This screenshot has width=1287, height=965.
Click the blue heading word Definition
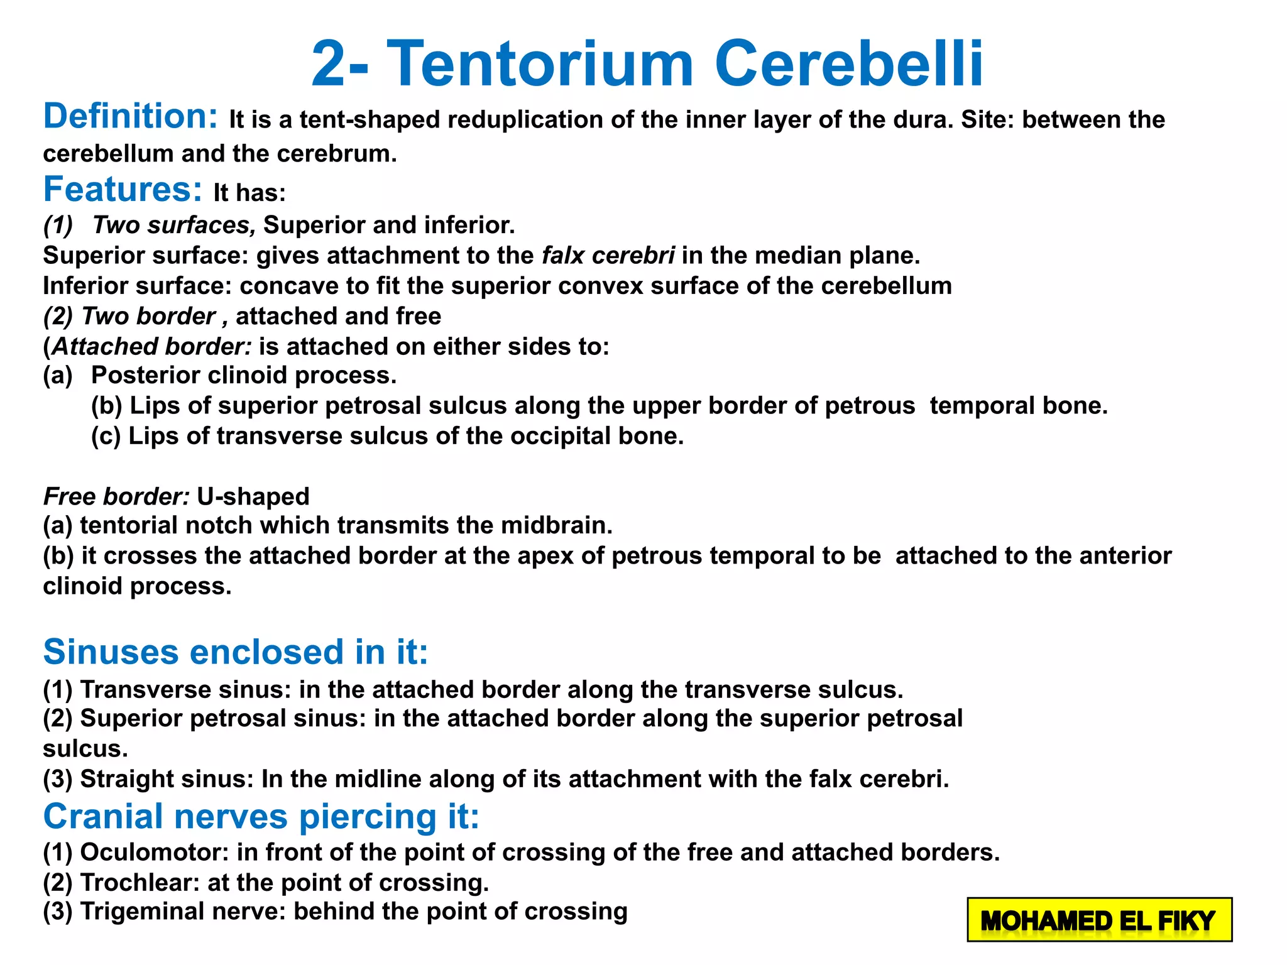[130, 117]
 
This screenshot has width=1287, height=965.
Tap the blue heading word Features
[123, 189]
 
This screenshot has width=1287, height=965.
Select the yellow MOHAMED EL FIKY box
[1099, 920]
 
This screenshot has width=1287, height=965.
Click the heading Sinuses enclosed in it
[235, 652]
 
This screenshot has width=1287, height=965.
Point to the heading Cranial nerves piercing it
[261, 816]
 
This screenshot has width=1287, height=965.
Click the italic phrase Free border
[116, 497]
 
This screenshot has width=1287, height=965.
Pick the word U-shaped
[253, 497]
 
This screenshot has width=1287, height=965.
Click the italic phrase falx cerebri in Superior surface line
[608, 256]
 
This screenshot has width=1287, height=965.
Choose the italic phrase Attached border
[151, 347]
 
